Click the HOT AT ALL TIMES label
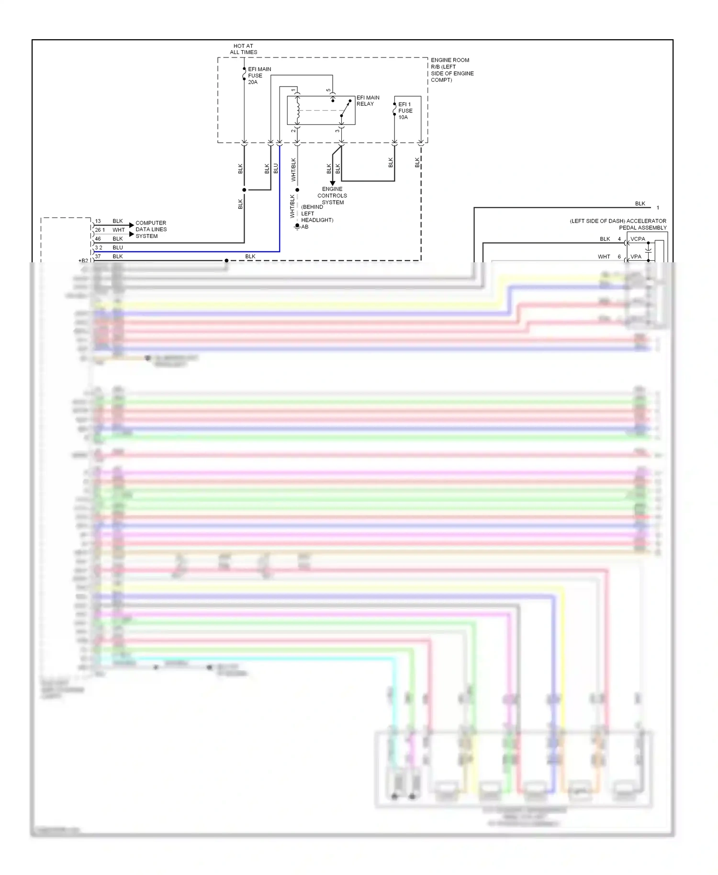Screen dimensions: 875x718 coord(243,49)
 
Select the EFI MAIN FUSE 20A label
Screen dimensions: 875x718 coord(259,76)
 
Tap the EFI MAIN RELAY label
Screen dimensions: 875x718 coord(368,101)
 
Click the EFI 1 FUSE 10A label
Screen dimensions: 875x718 coord(405,111)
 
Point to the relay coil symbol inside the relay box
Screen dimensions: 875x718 coord(297,111)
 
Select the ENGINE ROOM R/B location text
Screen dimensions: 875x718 coord(451,70)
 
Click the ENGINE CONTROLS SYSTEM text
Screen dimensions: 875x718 coord(332,195)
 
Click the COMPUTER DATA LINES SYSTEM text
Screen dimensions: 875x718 coord(151,229)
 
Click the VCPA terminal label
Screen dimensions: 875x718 coord(638,239)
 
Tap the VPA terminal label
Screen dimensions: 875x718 coord(636,257)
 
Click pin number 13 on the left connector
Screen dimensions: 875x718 coord(98,221)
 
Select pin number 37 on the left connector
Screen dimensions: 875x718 coord(98,257)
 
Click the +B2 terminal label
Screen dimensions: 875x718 coord(83,261)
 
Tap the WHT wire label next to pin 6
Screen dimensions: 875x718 coord(604,257)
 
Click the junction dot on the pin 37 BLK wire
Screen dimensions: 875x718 coord(226,260)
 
